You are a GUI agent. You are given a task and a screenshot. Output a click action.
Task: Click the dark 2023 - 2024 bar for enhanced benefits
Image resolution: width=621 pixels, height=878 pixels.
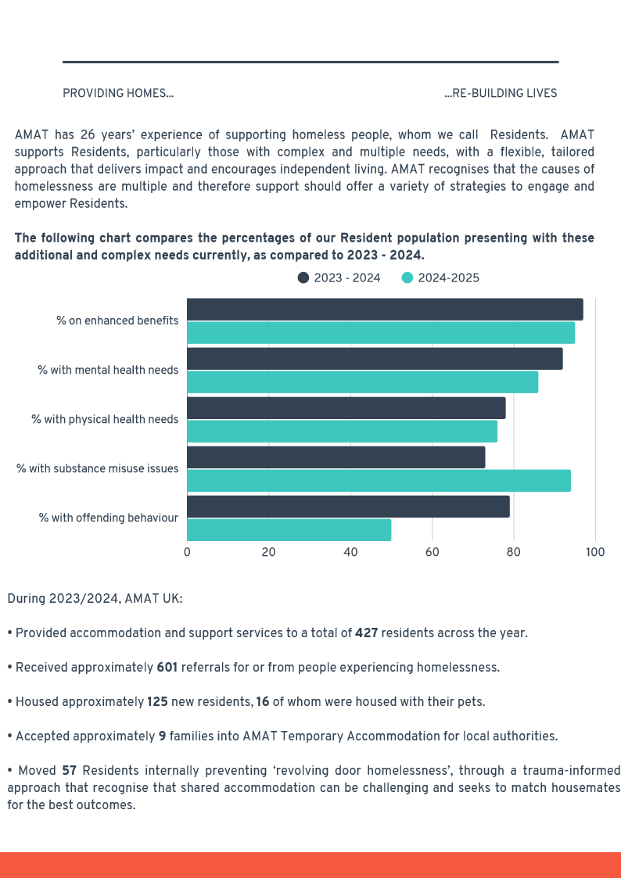[x=385, y=310]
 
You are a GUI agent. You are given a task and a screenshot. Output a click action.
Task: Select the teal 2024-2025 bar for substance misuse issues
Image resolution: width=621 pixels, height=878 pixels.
[x=379, y=481]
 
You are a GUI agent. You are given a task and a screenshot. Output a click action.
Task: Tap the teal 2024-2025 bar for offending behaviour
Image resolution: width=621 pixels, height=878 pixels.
[x=289, y=530]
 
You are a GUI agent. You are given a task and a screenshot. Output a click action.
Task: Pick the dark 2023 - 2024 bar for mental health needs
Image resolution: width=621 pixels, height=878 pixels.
[x=375, y=359]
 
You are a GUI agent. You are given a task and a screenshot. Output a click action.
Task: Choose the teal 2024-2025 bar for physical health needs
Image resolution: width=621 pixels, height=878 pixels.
[x=342, y=432]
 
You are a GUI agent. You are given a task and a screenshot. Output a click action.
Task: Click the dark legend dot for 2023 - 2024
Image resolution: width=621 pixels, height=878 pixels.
[x=303, y=278]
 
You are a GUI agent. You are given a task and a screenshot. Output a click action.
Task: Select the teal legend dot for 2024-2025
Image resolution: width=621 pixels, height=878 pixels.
[x=407, y=278]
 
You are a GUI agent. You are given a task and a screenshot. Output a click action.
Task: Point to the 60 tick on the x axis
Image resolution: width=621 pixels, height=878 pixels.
[x=432, y=552]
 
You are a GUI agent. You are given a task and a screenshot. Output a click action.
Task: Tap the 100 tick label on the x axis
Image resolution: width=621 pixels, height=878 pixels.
[x=595, y=552]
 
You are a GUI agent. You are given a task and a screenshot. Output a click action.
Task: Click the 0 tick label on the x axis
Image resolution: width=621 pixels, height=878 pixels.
[x=187, y=552]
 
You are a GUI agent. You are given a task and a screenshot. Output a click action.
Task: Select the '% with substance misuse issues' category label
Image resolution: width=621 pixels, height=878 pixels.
[x=98, y=468]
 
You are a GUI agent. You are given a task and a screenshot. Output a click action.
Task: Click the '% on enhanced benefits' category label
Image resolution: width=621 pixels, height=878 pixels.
[x=117, y=321]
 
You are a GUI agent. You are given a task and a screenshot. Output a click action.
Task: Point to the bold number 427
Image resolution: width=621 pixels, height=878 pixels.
[x=366, y=633]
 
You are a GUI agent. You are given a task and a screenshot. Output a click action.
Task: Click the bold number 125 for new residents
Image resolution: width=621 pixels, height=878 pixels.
[x=157, y=701]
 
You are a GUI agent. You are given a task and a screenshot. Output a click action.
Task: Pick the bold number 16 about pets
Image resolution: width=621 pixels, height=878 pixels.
[x=262, y=701]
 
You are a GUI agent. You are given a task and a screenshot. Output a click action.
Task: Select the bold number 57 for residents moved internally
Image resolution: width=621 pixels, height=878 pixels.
[x=69, y=770]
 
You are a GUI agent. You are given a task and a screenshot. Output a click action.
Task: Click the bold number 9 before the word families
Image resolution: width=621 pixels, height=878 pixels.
[x=162, y=736]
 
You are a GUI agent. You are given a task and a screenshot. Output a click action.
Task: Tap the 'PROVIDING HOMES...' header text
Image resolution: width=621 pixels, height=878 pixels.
[x=118, y=94]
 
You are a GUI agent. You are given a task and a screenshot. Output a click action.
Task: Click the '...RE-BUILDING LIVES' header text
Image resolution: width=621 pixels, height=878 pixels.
[x=501, y=94]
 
